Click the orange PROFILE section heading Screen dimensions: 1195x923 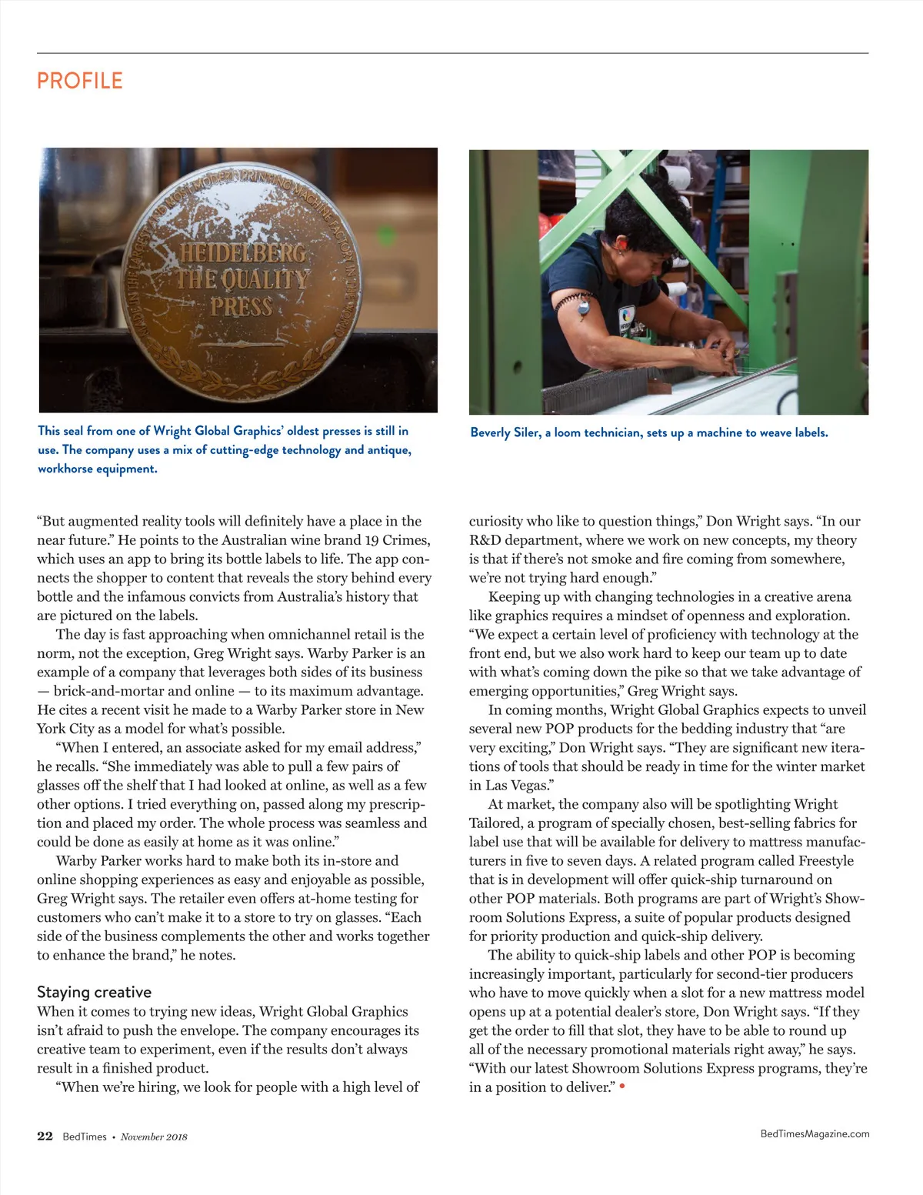pyautogui.click(x=80, y=81)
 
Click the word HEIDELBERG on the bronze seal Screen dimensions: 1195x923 pyautogui.click(x=243, y=254)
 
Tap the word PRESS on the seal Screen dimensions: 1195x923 pyautogui.click(x=242, y=307)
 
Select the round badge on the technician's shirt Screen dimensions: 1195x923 pyautogui.click(x=627, y=315)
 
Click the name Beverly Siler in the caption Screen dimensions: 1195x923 pyautogui.click(x=505, y=432)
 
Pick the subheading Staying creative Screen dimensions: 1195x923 pyautogui.click(x=94, y=992)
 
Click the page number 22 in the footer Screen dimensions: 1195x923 pyautogui.click(x=45, y=1137)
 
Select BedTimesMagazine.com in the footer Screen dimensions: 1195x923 pyautogui.click(x=815, y=1133)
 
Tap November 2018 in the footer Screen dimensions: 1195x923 pyautogui.click(x=154, y=1137)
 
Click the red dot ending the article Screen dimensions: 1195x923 pyautogui.click(x=621, y=1087)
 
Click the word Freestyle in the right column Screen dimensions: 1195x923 pyautogui.click(x=825, y=860)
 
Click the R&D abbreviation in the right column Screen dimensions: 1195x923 pyautogui.click(x=485, y=540)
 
